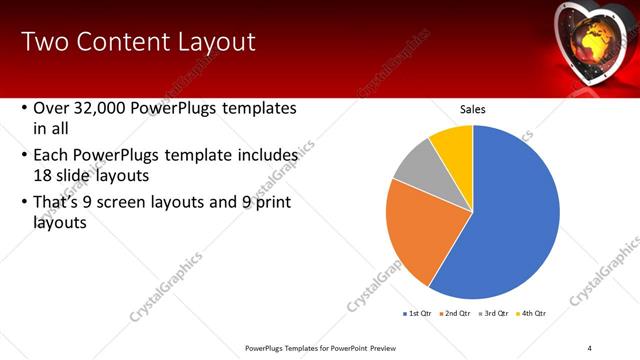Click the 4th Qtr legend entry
coord(533,313)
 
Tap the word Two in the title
coord(42,42)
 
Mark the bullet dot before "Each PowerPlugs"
coord(23,156)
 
